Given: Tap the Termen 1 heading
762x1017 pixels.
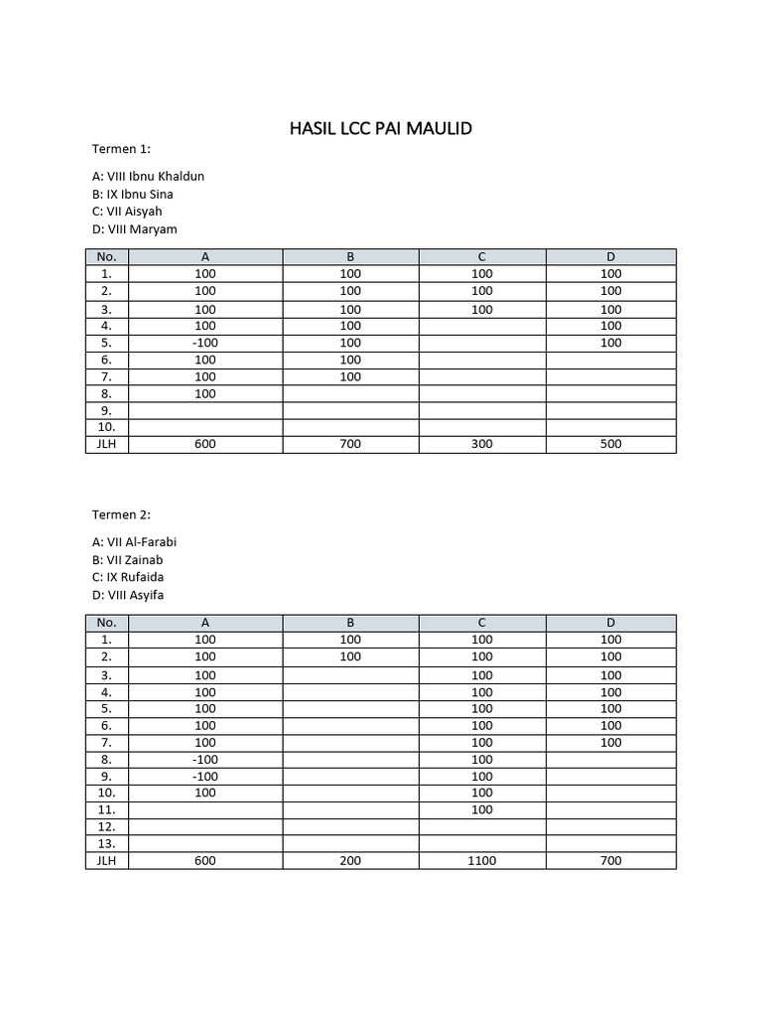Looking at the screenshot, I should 121,149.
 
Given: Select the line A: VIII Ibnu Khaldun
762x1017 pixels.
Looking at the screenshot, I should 148,176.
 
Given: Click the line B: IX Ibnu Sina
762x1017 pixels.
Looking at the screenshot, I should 132,194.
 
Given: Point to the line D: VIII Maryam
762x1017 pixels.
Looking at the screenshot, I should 134,229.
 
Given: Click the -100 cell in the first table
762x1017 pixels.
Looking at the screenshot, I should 205,343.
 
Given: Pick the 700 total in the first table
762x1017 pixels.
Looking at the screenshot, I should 350,444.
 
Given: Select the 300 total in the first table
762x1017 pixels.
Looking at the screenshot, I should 481,444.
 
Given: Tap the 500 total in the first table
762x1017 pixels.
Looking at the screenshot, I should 611,444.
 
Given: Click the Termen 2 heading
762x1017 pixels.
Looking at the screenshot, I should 121,514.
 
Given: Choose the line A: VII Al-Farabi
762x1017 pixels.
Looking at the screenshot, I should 134,541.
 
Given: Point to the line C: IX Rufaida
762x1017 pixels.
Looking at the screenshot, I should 128,577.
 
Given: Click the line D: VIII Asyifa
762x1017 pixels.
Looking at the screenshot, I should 128,595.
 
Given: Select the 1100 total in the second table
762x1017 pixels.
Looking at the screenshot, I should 481,861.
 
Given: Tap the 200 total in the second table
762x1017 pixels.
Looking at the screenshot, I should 350,861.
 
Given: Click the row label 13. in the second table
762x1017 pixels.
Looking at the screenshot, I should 107,843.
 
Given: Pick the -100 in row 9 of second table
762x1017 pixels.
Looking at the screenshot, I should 205,776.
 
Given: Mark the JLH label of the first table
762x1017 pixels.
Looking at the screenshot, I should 107,444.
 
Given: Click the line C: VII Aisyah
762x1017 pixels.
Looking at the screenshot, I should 127,212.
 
